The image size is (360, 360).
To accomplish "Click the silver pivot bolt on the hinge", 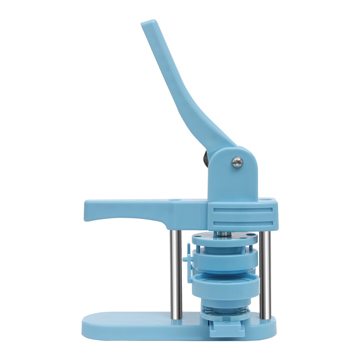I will (237, 162).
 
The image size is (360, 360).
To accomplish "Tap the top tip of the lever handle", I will (148, 24).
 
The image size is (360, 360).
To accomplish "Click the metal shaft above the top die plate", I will (225, 233).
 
